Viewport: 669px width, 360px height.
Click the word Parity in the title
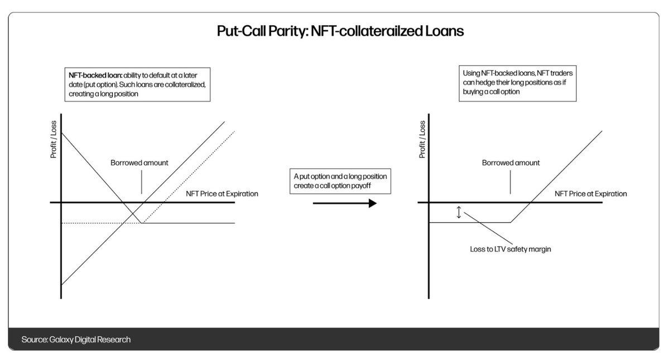281,31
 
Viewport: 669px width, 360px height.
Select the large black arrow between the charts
344,203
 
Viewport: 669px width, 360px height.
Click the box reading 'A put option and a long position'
340,180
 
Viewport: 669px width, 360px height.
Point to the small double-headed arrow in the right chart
459,213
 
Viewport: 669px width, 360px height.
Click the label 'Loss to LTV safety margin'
510,249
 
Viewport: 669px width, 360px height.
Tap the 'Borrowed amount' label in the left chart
139,163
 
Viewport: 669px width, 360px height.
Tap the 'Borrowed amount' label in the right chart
511,163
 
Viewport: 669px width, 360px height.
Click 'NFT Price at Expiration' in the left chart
222,194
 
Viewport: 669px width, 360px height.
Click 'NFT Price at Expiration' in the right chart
590,194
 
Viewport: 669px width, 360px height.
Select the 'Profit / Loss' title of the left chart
54,140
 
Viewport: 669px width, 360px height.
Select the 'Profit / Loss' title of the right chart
422,140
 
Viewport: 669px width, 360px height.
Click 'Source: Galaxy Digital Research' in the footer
76,339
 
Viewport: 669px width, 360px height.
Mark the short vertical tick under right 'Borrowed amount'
511,182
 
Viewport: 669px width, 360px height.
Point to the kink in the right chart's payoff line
511,223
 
